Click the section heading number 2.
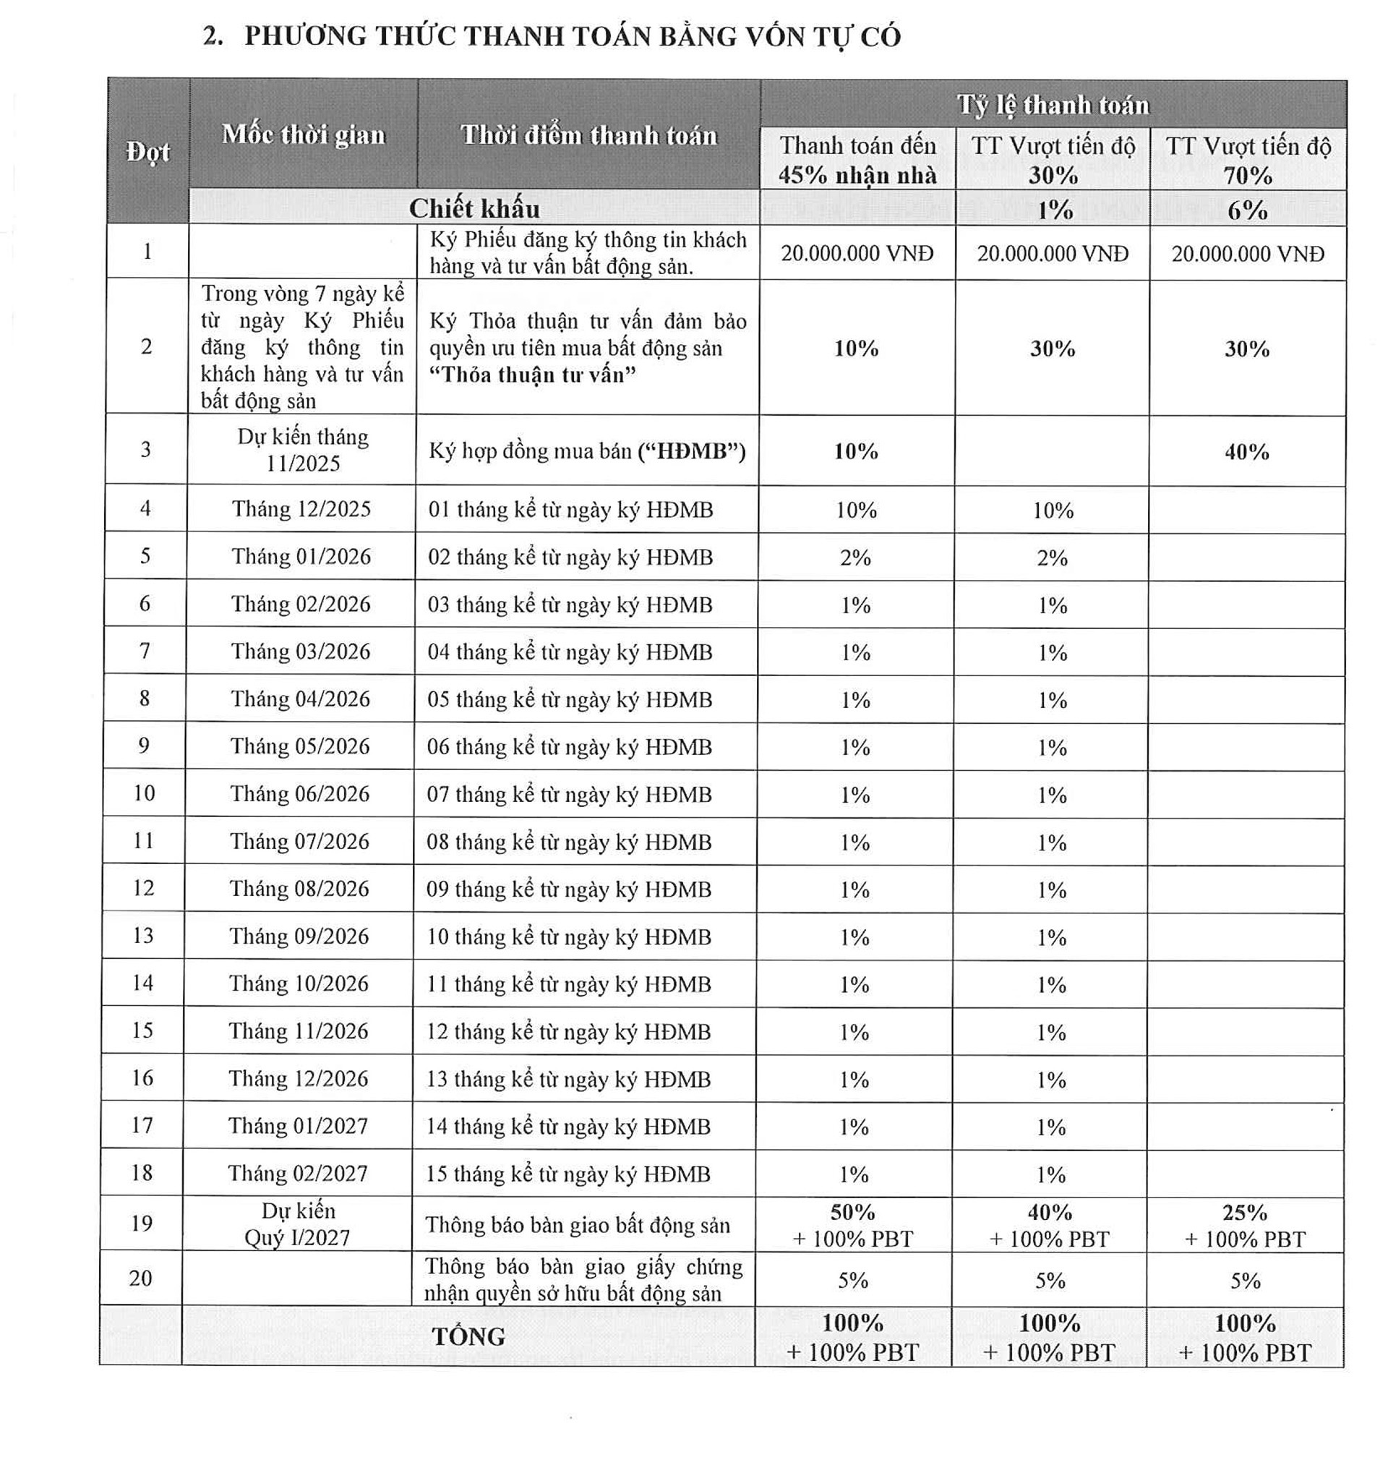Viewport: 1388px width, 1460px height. tap(213, 36)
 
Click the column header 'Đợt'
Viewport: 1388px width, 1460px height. tap(148, 152)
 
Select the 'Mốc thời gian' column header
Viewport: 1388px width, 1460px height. tap(304, 135)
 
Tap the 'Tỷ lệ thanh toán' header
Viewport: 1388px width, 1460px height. tap(1053, 105)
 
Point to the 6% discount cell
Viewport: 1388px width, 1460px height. tap(1248, 210)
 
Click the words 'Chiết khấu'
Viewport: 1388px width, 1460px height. tap(474, 209)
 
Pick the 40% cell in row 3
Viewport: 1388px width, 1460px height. tap(1247, 451)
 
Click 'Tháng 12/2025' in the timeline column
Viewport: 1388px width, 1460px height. tap(301, 509)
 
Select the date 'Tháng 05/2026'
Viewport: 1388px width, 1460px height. tap(299, 746)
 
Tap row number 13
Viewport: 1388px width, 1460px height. tap(143, 935)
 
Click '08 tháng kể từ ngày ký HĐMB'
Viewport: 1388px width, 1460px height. tap(568, 842)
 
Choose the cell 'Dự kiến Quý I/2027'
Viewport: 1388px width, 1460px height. tap(297, 1224)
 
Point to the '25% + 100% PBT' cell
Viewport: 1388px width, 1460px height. tap(1245, 1226)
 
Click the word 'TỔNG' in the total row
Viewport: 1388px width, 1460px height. tap(468, 1336)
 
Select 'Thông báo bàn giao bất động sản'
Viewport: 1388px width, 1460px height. tap(577, 1226)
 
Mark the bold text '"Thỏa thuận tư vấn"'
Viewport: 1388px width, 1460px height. tap(533, 375)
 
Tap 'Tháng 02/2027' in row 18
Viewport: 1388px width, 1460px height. tap(297, 1173)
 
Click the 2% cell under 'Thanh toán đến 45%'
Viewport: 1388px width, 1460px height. tap(855, 558)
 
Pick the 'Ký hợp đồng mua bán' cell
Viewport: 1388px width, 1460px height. tap(587, 451)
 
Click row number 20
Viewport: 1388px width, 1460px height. tap(140, 1278)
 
